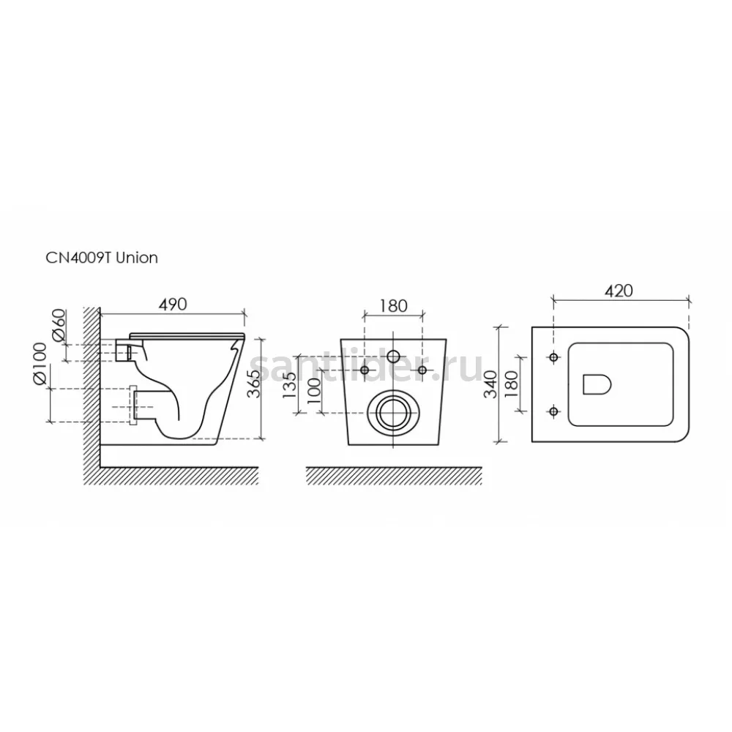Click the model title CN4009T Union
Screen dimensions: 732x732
point(102,258)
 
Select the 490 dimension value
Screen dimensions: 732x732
point(173,305)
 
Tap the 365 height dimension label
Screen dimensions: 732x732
point(253,384)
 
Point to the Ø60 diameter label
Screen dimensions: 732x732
point(59,325)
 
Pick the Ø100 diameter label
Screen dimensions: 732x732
point(40,364)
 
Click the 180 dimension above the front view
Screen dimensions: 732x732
point(394,306)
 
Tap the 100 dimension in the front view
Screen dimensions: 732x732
point(315,391)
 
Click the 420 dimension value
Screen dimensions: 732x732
point(619,291)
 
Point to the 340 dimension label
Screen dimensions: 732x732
point(490,384)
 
